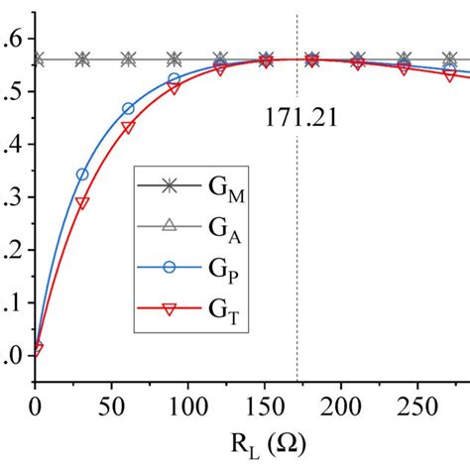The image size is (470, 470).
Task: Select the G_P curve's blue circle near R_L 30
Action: pos(82,175)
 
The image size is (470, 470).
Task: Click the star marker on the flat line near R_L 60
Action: pos(128,59)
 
